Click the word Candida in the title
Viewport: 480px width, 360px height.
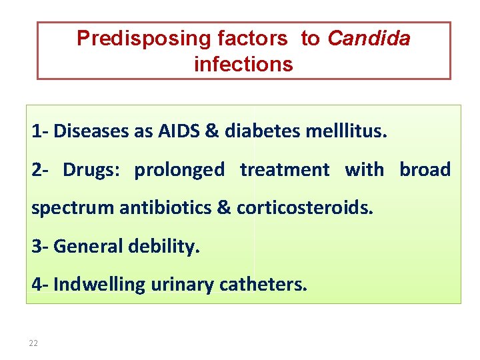[x=369, y=39]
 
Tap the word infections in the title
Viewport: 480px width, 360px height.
[x=243, y=64]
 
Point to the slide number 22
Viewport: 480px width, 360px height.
[x=33, y=343]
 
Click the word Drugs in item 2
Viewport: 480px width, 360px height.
[x=91, y=169]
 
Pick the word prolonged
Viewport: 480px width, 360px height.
[x=179, y=170]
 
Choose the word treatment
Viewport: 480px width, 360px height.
[x=285, y=169]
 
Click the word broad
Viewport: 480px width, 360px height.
[x=425, y=169]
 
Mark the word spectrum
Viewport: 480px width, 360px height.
[x=73, y=208]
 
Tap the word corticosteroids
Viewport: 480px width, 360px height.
[x=305, y=207]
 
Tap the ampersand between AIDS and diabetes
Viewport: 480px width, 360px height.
[x=212, y=131]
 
